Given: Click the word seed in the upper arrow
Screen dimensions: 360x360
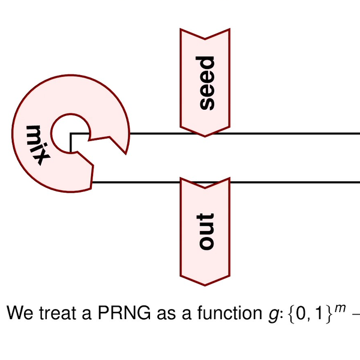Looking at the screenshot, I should point(206,83).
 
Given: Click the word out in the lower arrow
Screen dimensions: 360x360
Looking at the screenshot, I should point(206,231).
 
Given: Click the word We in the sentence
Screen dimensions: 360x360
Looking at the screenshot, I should point(17,313).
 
